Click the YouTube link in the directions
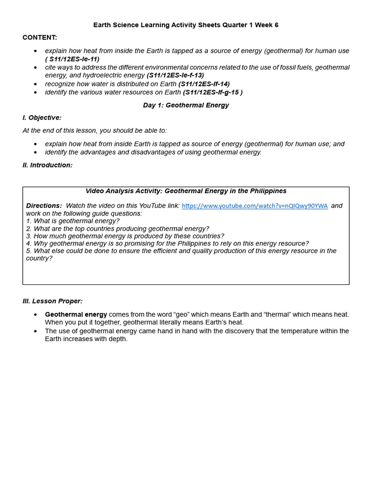coord(254,206)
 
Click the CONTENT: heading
coord(40,37)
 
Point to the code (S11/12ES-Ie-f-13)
coord(175,75)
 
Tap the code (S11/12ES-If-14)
coord(204,84)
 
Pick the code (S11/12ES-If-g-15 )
coord(213,92)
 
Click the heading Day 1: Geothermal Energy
coord(186,105)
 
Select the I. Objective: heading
coord(42,118)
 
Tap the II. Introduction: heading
coord(47,165)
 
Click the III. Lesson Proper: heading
coord(52,301)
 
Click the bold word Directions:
coord(44,206)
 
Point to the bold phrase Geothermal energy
coord(76,314)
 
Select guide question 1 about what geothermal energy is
coord(73,221)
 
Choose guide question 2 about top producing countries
coord(118,229)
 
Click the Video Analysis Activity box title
coord(186,191)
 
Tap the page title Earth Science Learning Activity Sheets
coord(186,25)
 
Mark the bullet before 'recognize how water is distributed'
coord(35,84)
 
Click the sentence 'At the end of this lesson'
coord(94,130)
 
